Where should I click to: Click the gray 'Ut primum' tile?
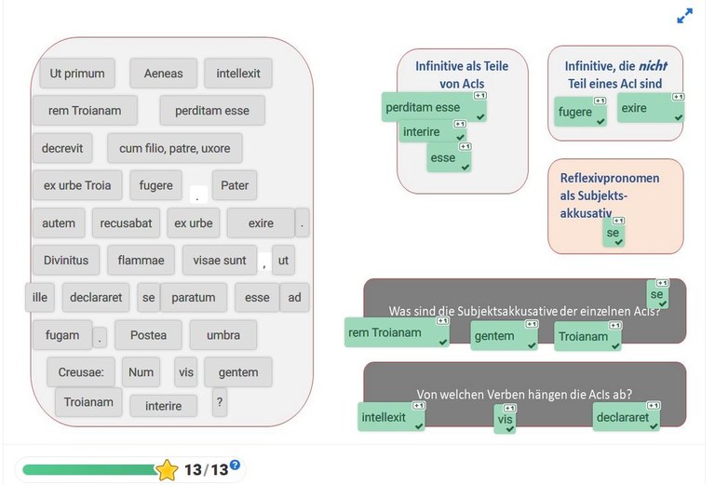point(77,74)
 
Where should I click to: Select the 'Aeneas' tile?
point(163,74)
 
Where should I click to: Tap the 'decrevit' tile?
point(62,148)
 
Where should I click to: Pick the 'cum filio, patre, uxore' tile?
point(175,148)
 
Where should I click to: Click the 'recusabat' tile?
point(126,222)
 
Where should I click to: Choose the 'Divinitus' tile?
point(66,261)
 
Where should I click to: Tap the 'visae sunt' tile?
point(220,261)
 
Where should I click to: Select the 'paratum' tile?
point(194,298)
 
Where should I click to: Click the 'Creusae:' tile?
point(81,372)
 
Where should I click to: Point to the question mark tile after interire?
point(220,402)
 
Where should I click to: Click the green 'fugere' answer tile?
point(580,112)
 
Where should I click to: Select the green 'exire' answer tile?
point(650,108)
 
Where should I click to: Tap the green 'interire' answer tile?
point(432,132)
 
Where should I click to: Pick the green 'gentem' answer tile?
point(504,336)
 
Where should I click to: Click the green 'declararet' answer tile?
point(626,417)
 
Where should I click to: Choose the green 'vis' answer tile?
point(505,419)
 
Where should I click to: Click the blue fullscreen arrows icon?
point(684,16)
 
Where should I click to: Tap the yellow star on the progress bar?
point(167,470)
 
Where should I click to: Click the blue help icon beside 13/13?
point(235,465)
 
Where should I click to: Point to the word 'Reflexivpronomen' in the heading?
point(610,178)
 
